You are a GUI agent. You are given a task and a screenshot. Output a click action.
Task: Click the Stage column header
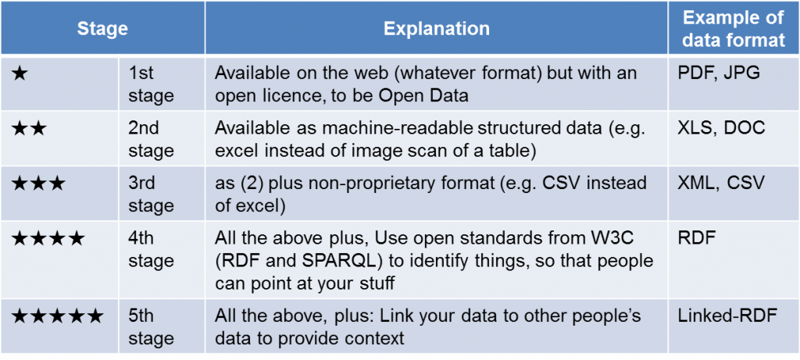click(102, 29)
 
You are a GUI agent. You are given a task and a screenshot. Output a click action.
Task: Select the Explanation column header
click(436, 29)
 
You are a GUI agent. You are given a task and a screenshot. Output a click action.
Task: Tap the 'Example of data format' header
click(734, 29)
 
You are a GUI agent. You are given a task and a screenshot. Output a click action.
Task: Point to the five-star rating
click(57, 316)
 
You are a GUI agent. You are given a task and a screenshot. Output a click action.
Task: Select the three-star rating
click(38, 183)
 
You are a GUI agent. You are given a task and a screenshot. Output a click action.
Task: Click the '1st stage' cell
click(151, 84)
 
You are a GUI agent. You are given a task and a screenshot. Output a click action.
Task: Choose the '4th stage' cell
click(151, 249)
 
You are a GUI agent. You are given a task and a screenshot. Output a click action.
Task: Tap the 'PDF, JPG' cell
click(719, 73)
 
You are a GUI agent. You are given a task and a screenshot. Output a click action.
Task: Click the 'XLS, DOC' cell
click(721, 128)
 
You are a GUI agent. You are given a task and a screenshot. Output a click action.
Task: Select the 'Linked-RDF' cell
click(727, 315)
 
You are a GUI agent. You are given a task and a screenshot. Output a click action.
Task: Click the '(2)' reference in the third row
click(252, 183)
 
